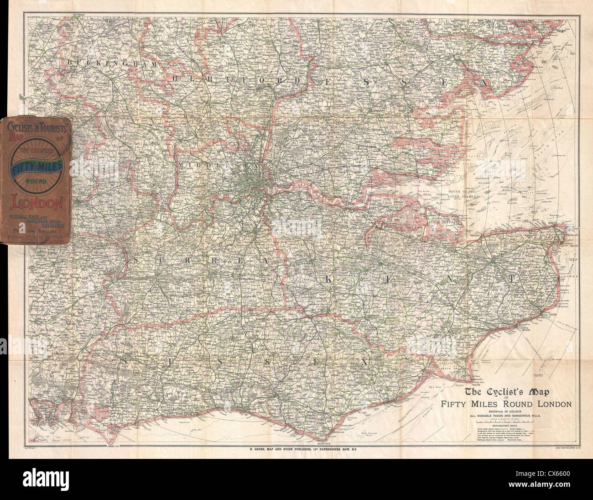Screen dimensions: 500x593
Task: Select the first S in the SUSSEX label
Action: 124,361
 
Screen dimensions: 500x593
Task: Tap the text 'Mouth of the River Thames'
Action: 457,193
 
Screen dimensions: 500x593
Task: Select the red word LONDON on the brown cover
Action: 36,201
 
